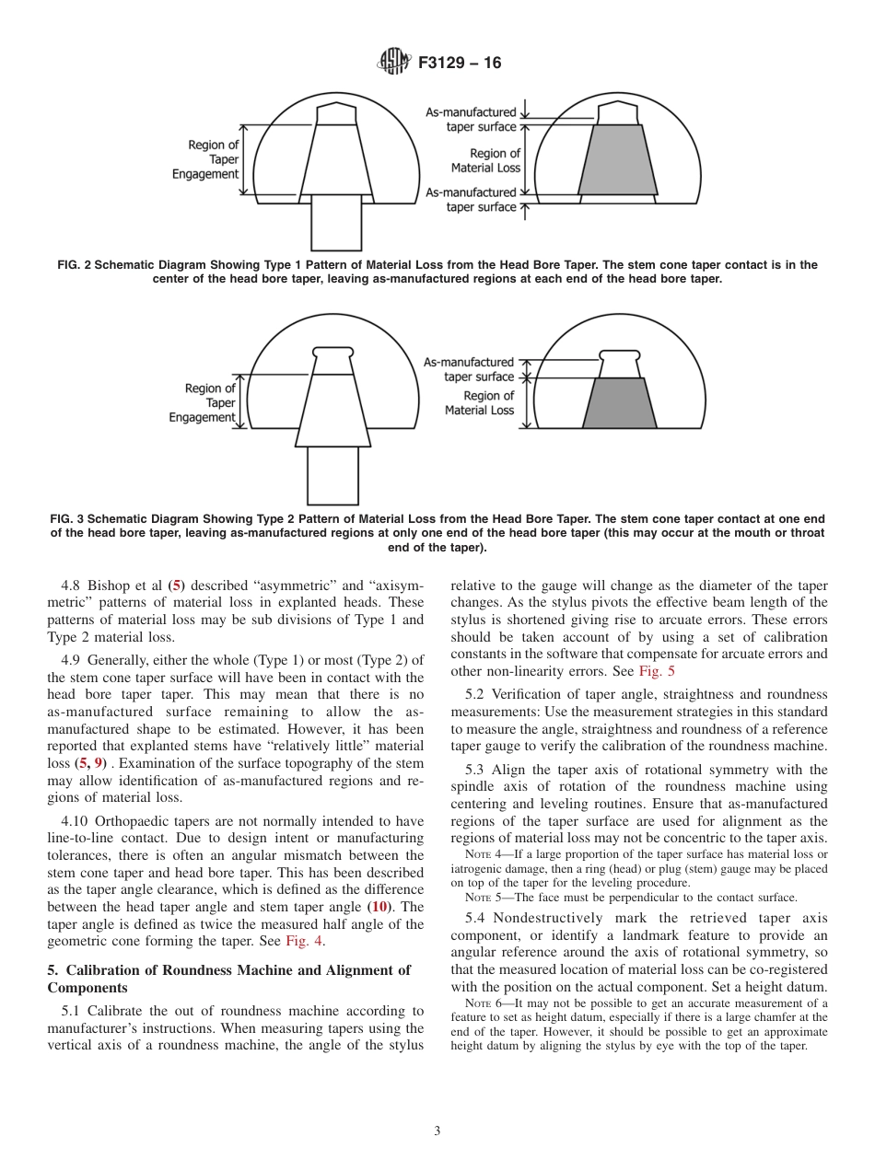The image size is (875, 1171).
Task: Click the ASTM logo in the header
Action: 393,63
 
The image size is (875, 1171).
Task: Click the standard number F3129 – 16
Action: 460,64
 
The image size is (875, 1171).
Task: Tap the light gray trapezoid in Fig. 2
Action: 618,160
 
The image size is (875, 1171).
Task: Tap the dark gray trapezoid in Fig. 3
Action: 620,403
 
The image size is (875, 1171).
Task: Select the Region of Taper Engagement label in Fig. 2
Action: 205,159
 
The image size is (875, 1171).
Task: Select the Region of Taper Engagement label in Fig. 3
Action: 203,402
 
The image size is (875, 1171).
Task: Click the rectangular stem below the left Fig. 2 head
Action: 336,221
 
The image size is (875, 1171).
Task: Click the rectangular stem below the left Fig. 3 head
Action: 332,475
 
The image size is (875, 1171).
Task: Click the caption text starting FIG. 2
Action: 437,272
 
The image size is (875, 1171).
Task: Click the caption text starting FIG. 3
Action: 437,533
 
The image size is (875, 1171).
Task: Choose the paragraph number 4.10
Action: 77,821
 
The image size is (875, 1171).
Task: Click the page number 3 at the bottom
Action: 437,1131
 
